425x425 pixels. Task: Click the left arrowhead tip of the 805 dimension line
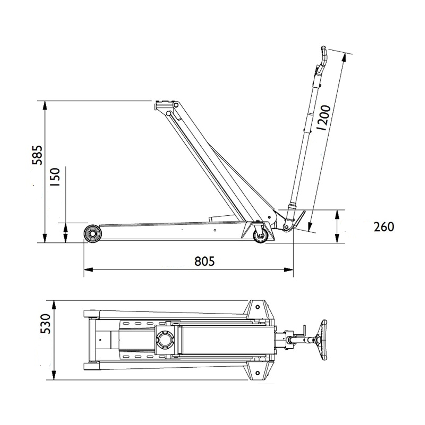[84, 269]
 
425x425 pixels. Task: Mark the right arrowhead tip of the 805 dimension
[293, 269]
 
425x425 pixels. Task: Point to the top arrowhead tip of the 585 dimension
[45, 101]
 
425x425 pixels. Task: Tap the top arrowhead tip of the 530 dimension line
[54, 301]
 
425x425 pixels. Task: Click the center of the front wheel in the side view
[93, 234]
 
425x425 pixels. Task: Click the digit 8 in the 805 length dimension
[198, 261]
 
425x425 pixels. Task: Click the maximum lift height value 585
[37, 155]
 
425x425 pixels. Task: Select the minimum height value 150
[55, 177]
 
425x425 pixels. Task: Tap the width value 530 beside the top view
[45, 324]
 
